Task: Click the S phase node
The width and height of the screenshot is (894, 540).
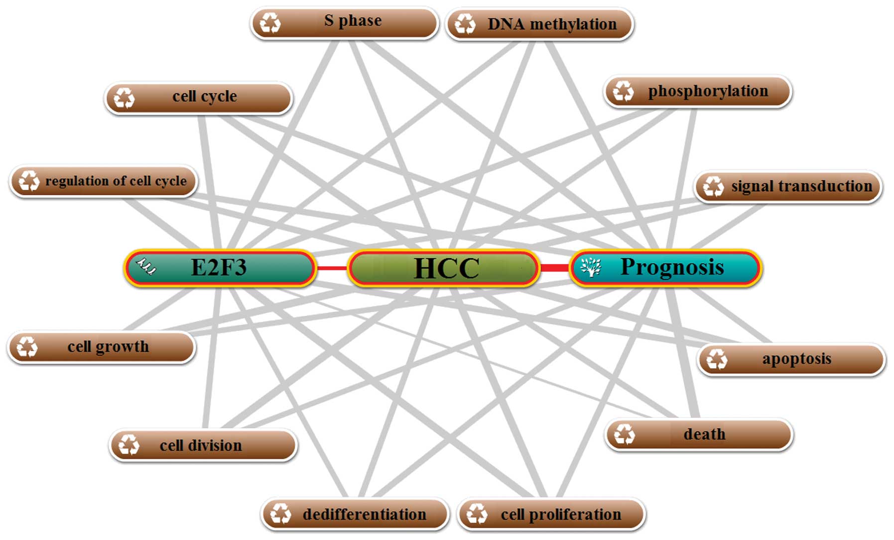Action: click(x=345, y=22)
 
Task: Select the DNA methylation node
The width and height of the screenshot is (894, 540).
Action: click(x=540, y=24)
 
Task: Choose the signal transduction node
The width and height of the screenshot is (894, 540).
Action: click(x=788, y=186)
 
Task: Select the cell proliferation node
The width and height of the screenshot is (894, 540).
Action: click(x=551, y=514)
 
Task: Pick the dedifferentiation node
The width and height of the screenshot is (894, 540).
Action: click(x=355, y=514)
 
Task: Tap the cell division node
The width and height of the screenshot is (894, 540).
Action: click(x=203, y=445)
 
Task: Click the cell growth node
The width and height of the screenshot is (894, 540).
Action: click(x=102, y=347)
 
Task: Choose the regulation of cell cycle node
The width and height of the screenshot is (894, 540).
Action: click(x=104, y=181)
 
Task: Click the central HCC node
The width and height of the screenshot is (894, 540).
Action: click(x=444, y=268)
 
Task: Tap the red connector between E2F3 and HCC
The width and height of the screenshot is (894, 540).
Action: click(x=331, y=268)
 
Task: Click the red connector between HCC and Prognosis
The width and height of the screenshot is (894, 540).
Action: click(x=554, y=268)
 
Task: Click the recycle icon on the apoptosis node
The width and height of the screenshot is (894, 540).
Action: click(x=717, y=359)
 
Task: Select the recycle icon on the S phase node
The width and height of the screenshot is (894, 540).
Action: click(x=270, y=23)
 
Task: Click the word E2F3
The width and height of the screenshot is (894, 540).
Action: click(x=219, y=268)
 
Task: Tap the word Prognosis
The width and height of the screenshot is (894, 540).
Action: click(x=672, y=267)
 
